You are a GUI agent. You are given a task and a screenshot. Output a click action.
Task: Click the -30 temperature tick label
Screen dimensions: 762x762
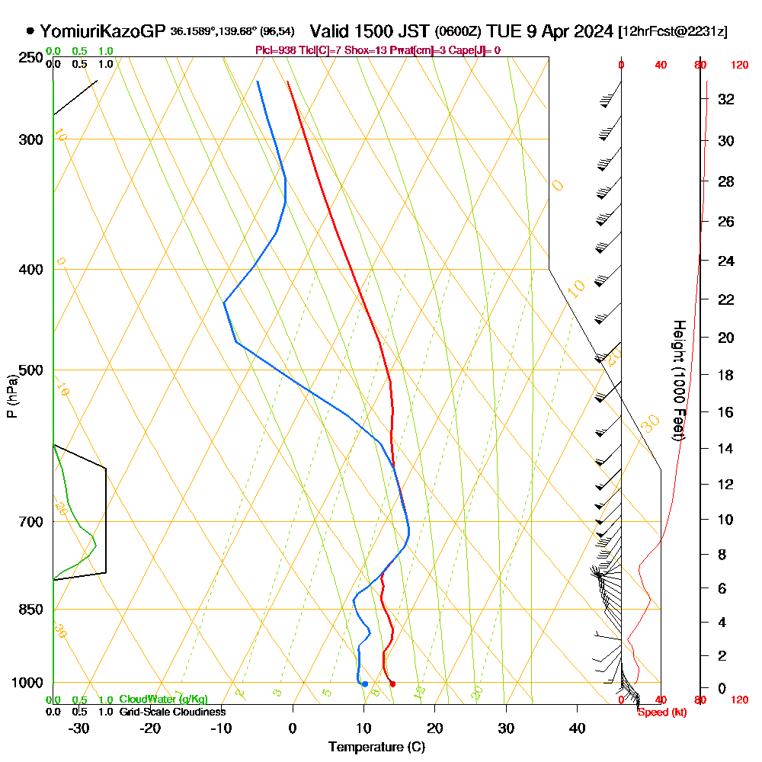click(x=79, y=728)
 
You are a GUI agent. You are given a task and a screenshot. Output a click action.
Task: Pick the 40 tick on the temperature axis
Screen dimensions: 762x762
click(x=578, y=728)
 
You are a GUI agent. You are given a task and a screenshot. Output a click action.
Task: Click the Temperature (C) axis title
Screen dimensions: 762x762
click(x=376, y=748)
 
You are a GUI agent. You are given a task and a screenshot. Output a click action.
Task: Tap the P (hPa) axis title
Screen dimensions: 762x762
click(x=11, y=395)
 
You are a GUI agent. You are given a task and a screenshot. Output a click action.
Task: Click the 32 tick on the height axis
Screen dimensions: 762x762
click(x=727, y=99)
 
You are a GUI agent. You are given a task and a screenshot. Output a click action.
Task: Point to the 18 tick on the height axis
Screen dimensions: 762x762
click(x=727, y=375)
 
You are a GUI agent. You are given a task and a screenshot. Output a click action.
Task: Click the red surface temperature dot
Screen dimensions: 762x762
click(x=392, y=684)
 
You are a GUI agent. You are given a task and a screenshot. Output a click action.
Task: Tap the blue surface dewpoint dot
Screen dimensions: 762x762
click(x=365, y=684)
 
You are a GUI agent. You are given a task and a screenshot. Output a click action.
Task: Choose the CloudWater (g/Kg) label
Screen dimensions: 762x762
click(x=163, y=700)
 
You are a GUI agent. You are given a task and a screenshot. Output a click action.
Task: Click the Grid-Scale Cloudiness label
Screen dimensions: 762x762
click(x=171, y=712)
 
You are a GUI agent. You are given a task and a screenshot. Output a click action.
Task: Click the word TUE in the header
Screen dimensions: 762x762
click(x=504, y=31)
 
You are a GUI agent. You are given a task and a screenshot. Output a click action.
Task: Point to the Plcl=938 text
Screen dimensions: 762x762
click(x=276, y=50)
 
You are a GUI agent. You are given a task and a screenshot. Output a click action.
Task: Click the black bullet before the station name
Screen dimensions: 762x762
click(x=30, y=31)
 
